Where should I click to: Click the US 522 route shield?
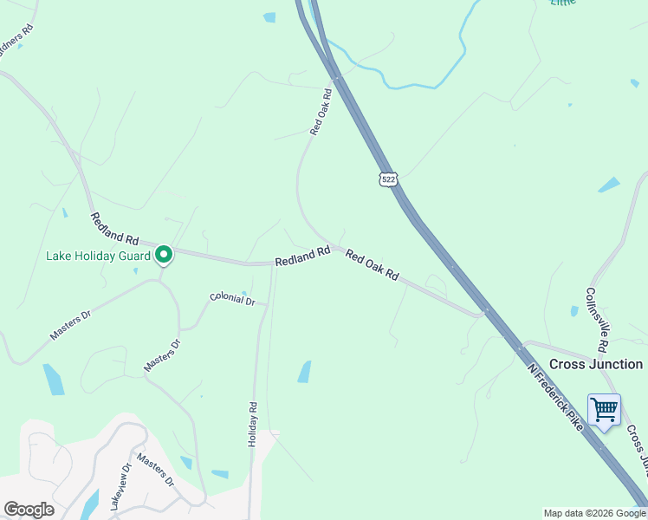click(388, 178)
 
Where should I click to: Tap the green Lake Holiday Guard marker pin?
click(163, 255)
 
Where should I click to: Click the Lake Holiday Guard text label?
click(97, 256)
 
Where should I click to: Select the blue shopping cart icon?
click(604, 408)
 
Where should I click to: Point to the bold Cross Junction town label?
click(596, 364)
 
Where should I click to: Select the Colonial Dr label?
click(232, 300)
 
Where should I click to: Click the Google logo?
click(29, 510)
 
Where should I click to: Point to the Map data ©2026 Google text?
click(594, 513)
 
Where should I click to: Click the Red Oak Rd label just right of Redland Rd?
click(372, 264)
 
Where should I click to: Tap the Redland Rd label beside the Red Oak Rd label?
click(302, 257)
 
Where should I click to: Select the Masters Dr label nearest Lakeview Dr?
click(155, 471)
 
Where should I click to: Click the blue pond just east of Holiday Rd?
click(304, 372)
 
